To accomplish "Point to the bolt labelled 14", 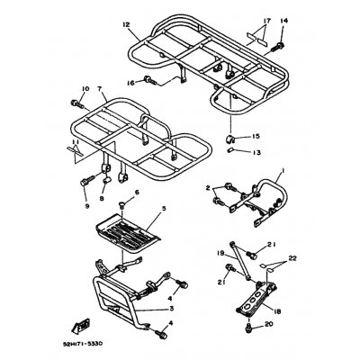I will pyautogui.click(x=282, y=43).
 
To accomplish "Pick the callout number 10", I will pyautogui.click(x=86, y=88).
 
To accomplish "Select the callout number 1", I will pyautogui.click(x=284, y=169).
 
